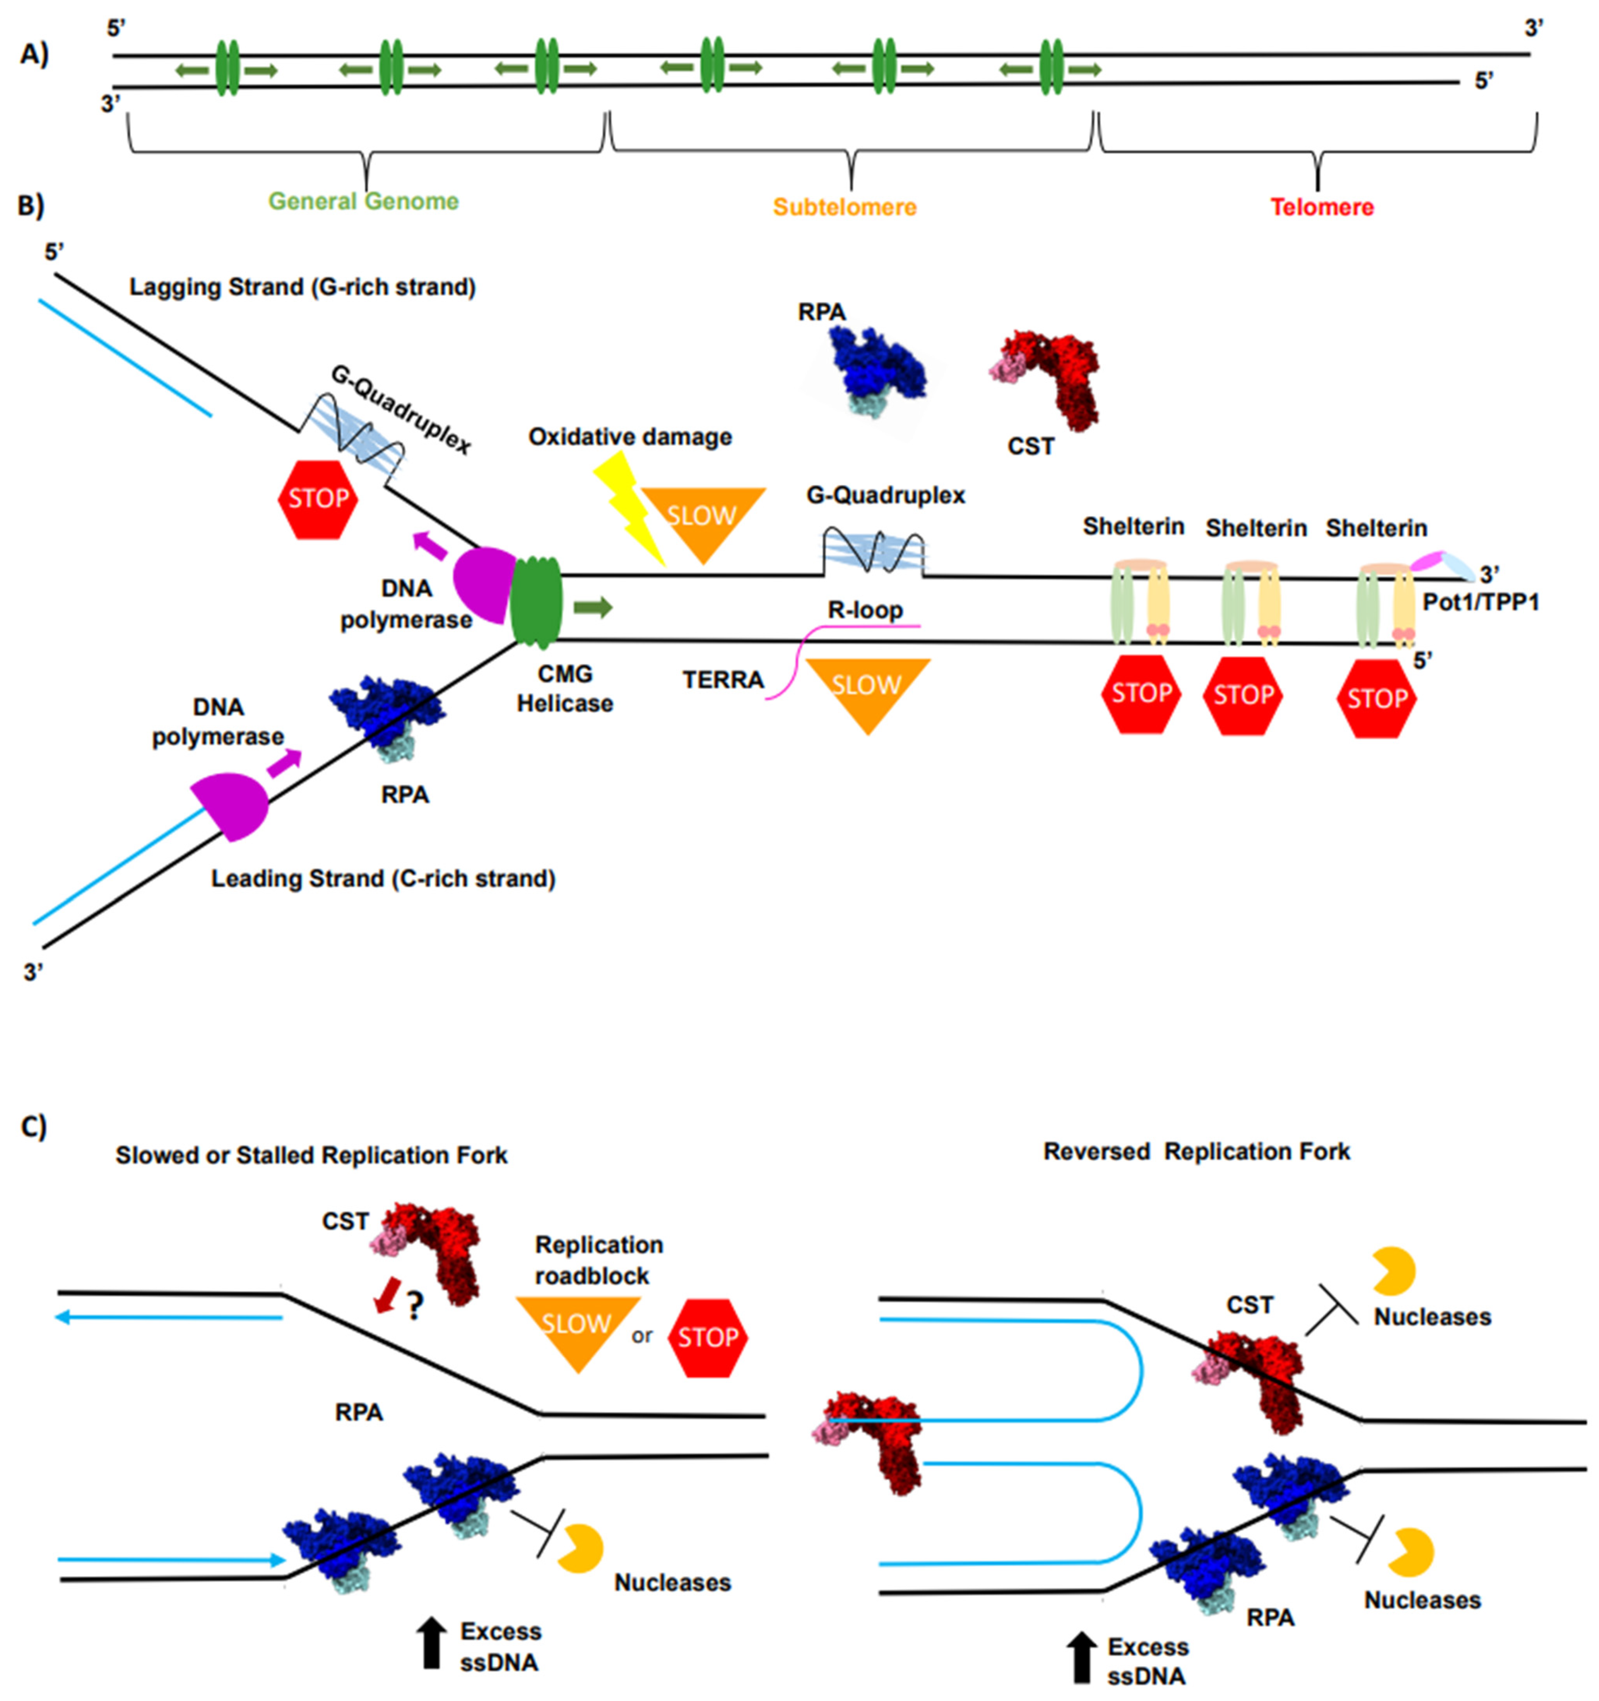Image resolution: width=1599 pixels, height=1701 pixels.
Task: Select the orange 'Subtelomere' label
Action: pyautogui.click(x=844, y=207)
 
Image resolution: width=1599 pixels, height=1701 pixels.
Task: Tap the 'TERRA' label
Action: pyautogui.click(x=723, y=680)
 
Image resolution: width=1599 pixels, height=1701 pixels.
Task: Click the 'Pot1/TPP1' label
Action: pyautogui.click(x=1480, y=602)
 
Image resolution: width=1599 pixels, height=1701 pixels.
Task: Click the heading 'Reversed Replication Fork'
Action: pyautogui.click(x=1196, y=1152)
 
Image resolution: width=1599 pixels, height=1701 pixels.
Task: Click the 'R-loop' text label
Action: pyautogui.click(x=865, y=610)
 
